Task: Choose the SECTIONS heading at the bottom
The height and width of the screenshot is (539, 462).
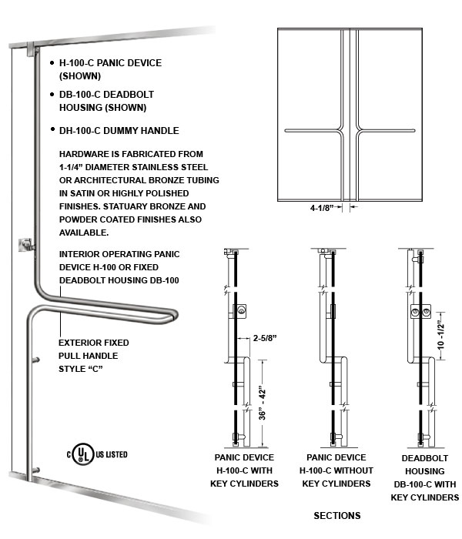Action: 336,515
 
